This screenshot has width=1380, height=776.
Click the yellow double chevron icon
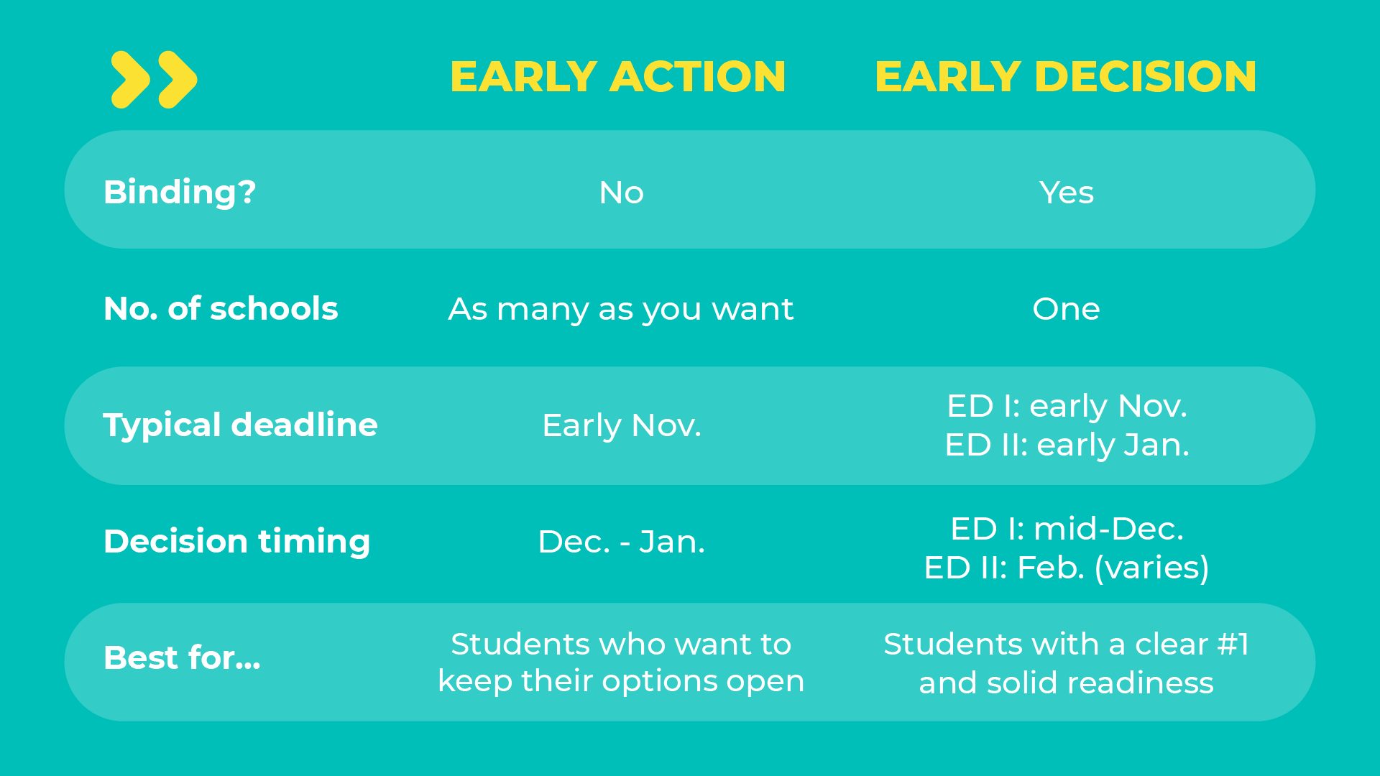click(154, 80)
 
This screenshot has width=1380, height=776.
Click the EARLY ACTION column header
click(618, 77)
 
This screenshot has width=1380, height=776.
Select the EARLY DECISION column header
click(1066, 77)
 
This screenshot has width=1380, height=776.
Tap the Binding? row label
click(180, 193)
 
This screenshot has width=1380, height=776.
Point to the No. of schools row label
click(221, 309)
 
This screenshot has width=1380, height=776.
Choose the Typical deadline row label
click(240, 425)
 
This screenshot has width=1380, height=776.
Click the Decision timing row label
click(237, 542)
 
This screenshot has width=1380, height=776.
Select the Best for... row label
click(182, 658)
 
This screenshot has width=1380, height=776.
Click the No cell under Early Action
click(622, 193)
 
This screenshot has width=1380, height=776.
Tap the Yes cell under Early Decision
click(1067, 193)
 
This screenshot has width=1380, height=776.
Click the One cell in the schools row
click(1067, 309)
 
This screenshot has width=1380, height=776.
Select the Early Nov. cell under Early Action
click(622, 425)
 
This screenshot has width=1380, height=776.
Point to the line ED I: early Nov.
click(1067, 406)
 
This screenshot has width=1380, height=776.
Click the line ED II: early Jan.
click(1067, 445)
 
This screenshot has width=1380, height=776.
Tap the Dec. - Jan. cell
click(622, 542)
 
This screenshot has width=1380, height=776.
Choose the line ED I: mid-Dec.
click(1067, 529)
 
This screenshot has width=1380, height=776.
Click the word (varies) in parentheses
click(1152, 568)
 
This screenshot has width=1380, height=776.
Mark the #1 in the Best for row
click(1233, 645)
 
